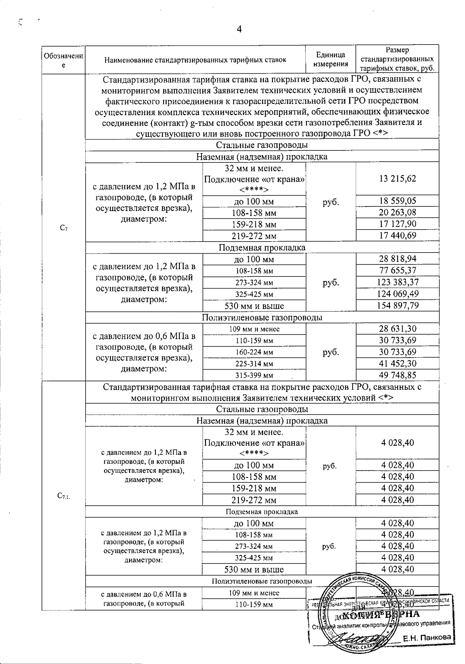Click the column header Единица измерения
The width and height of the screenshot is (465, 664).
click(331, 60)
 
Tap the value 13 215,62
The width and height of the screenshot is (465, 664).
click(397, 178)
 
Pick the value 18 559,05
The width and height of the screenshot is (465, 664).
click(397, 201)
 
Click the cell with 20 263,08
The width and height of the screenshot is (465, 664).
click(397, 213)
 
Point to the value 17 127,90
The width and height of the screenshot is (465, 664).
click(397, 224)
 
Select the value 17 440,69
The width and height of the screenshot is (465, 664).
click(397, 235)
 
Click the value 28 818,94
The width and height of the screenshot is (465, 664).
click(397, 259)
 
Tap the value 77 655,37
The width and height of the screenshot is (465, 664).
click(397, 270)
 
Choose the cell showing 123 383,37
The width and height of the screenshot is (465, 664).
click(397, 282)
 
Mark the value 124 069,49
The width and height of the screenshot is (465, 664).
click(397, 294)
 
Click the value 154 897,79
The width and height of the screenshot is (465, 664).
click(397, 305)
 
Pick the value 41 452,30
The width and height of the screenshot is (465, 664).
click(397, 363)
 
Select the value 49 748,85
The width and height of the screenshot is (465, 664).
click(397, 375)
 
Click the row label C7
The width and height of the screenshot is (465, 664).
click(64, 229)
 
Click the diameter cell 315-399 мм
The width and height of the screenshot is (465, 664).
click(254, 375)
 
